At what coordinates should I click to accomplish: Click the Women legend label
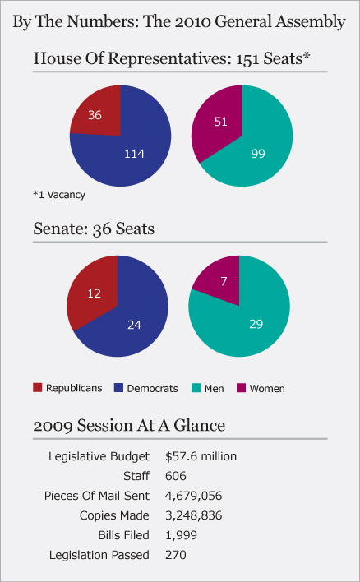(266, 387)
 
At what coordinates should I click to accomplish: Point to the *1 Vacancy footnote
(59, 195)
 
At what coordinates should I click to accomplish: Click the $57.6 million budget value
(201, 456)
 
